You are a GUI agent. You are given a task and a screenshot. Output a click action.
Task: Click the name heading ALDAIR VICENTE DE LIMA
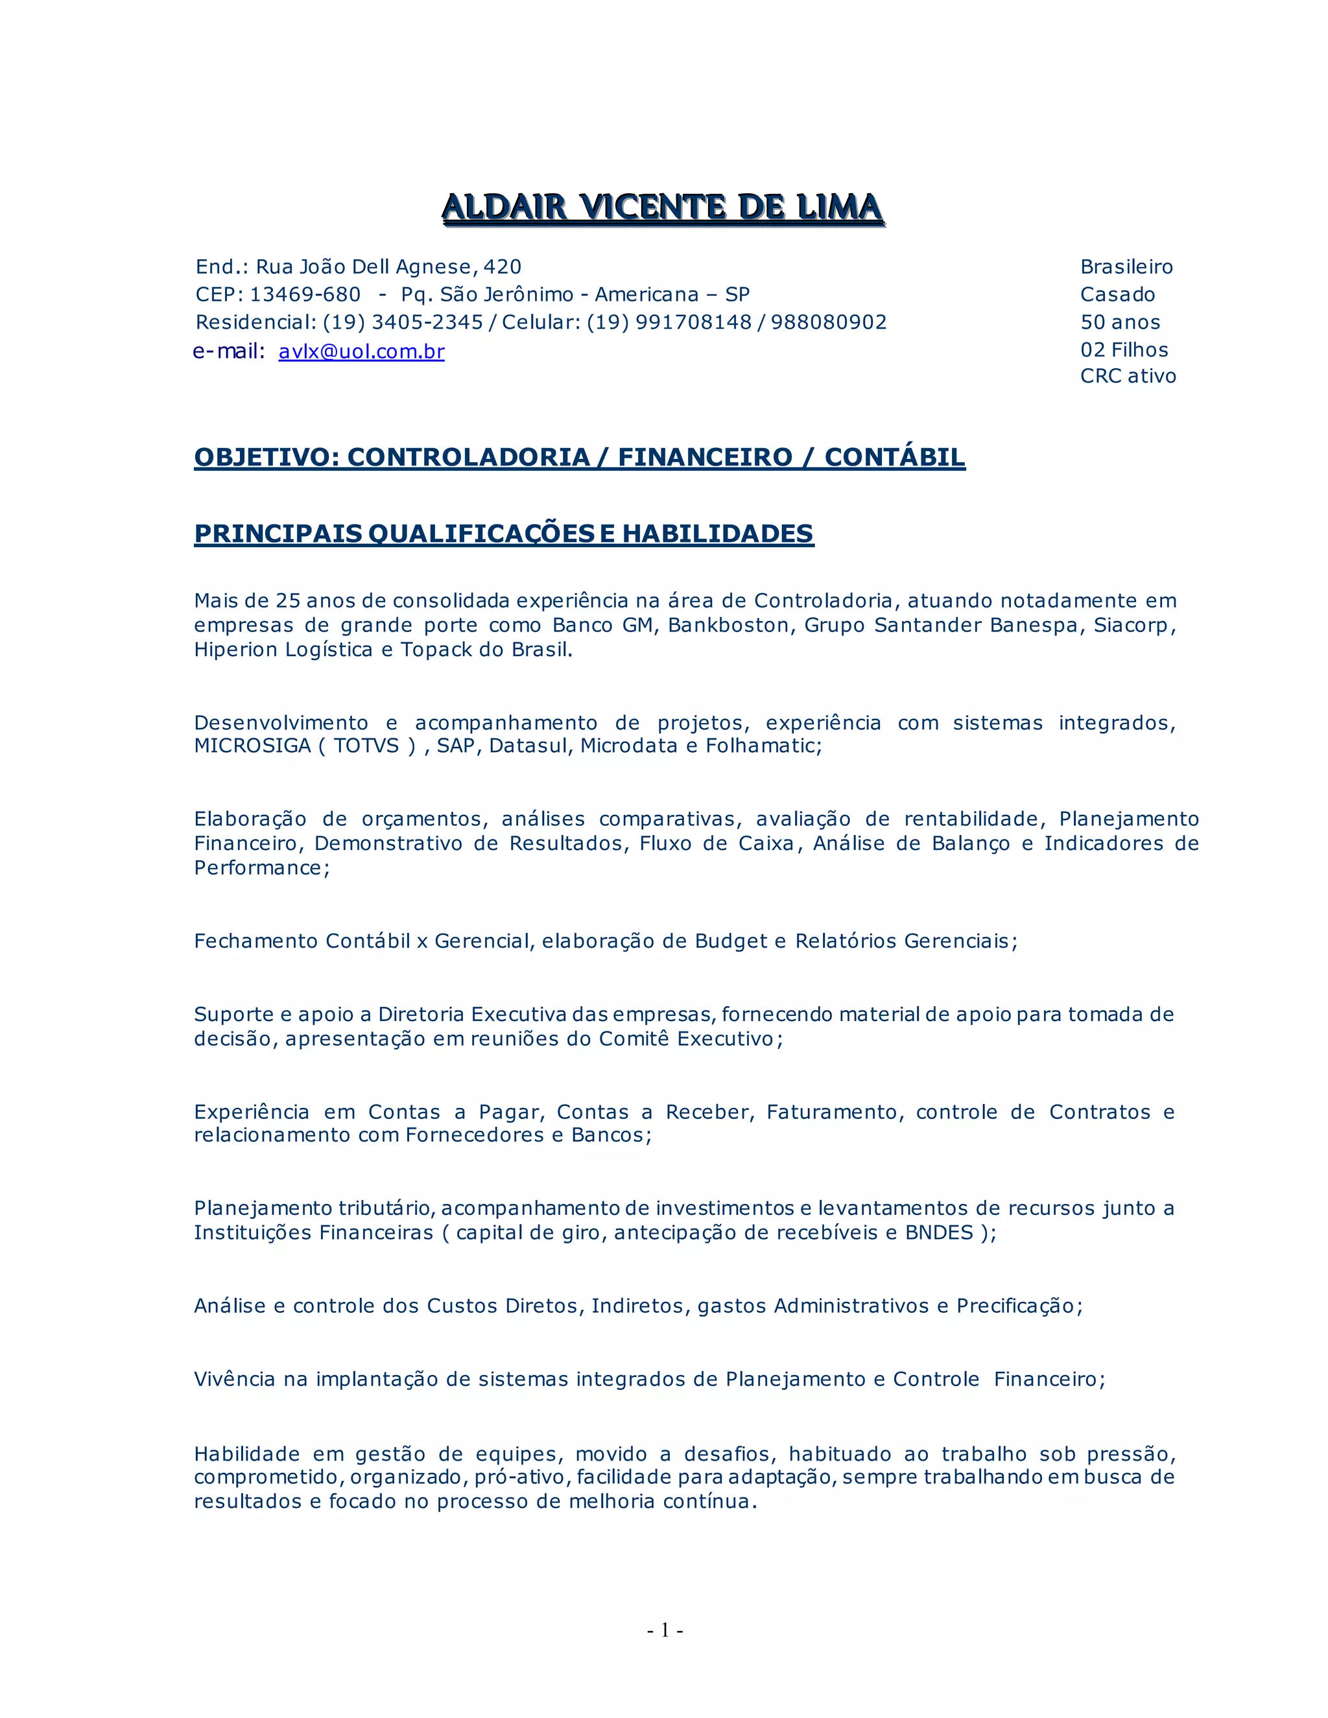(663, 207)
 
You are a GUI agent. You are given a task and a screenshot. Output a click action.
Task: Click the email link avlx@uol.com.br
(361, 351)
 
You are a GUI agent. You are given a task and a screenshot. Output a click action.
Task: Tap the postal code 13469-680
(305, 295)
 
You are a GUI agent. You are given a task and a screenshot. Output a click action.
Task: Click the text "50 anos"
(1120, 322)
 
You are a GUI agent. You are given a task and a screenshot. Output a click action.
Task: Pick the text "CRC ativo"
(1128, 376)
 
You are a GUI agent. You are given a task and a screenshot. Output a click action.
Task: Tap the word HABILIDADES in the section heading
(718, 534)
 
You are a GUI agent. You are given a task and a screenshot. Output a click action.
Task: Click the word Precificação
(1015, 1306)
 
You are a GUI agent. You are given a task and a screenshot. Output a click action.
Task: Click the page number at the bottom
(665, 1630)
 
